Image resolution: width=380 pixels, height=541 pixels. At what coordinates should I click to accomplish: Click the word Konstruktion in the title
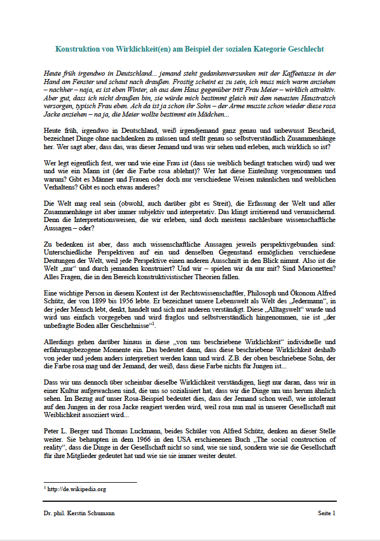(79, 49)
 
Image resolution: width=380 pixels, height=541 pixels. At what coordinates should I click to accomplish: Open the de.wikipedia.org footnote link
(77, 489)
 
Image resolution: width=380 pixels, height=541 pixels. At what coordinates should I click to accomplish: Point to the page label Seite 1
(326, 513)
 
